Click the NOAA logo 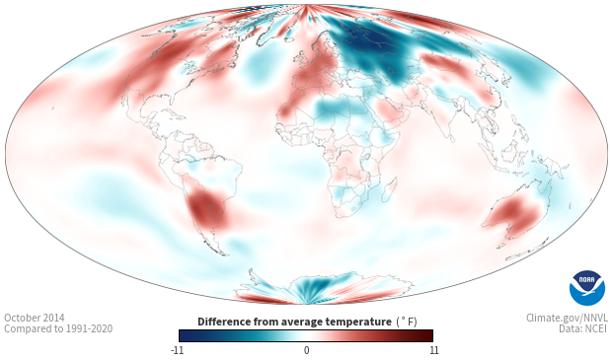587,288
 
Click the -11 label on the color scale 177,350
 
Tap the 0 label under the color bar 306,350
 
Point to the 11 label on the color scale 433,350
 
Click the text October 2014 35,318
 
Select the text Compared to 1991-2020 58,328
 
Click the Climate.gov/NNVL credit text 567,318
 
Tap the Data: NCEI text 583,328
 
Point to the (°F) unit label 407,322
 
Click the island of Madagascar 389,189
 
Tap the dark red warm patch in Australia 515,213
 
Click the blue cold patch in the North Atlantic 257,67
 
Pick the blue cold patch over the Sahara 336,108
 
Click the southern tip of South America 224,254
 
